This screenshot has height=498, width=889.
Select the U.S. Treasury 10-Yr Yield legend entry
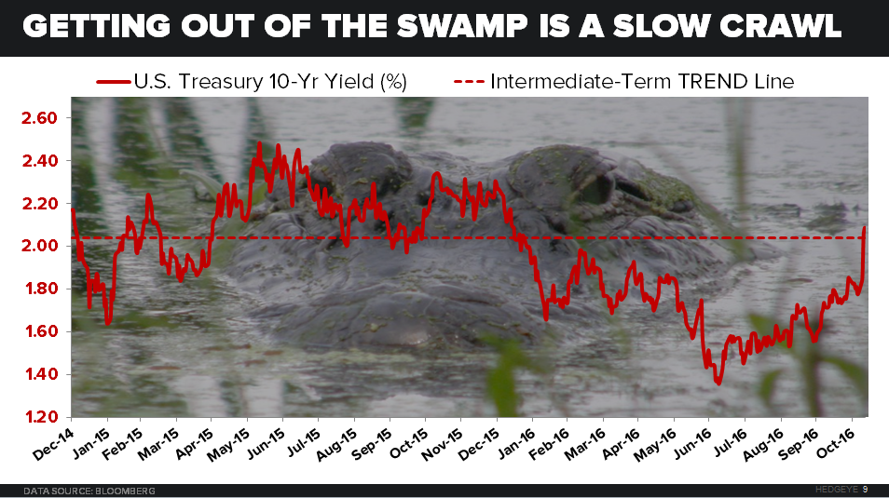252,81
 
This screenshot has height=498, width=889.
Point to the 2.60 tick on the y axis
41,118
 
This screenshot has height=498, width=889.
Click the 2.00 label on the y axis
41,246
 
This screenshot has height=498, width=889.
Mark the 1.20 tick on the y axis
41,416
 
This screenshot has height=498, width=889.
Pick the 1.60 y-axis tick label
41,331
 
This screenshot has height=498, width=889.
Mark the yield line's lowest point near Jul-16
718,383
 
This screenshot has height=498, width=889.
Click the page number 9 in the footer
866,490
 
